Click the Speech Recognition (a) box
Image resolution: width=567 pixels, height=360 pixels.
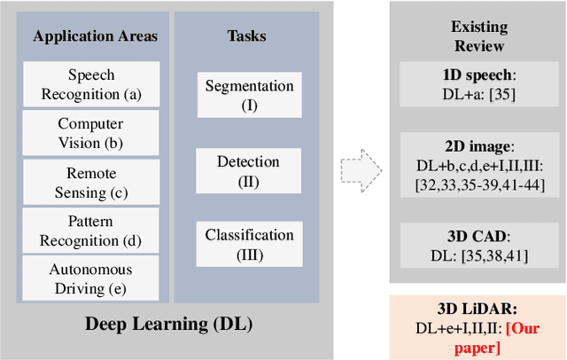tap(90, 84)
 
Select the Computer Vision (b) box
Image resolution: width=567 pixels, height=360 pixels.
tap(90, 133)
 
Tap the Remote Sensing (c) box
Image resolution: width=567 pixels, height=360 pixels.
tap(90, 182)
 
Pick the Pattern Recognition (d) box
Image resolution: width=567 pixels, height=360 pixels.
tap(90, 230)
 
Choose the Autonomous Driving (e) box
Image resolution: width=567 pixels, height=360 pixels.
tap(90, 278)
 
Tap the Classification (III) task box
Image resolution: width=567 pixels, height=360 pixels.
tap(249, 244)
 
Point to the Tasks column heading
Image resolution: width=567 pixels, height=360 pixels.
tap(246, 36)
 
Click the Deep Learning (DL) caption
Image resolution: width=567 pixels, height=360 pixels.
tap(168, 324)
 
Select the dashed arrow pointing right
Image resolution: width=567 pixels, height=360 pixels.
tap(361, 166)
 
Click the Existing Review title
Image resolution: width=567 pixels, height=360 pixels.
tap(479, 35)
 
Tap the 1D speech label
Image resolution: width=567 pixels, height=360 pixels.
tap(479, 74)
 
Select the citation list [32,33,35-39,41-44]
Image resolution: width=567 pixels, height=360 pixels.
tap(479, 184)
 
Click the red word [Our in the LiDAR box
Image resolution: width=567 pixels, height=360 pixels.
tap(524, 329)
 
